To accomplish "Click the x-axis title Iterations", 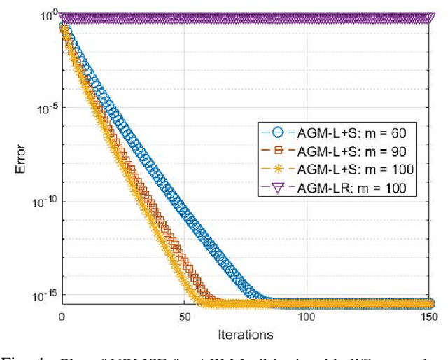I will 246,334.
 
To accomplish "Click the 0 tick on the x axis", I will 62,317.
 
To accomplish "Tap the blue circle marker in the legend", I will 276,132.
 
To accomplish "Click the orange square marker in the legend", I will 276,150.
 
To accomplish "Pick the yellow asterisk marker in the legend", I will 276,168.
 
